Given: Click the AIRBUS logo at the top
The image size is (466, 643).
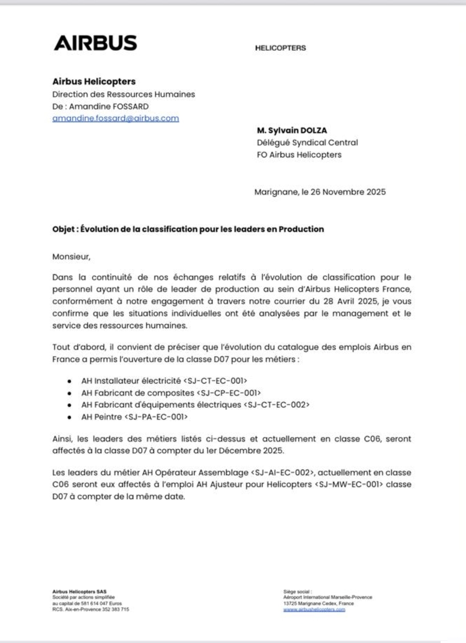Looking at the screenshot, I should (95, 43).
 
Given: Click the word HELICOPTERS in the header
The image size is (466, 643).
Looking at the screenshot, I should (280, 48).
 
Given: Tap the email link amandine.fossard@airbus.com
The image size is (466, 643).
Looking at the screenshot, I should (115, 118).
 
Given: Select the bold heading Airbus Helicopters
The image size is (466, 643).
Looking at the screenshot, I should (94, 81).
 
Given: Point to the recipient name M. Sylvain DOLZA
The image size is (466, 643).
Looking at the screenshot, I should (291, 131).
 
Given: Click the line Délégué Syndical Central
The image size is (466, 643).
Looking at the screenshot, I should (307, 142).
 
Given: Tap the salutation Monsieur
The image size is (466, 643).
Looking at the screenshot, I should (71, 257).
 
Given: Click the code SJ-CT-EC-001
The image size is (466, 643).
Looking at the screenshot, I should (215, 381).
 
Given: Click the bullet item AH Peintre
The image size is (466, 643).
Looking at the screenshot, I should (102, 417).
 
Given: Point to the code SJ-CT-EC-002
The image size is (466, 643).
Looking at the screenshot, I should (276, 405).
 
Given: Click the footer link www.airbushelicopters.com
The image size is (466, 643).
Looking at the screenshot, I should (314, 610).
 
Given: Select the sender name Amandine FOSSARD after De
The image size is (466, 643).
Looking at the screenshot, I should (109, 106).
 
